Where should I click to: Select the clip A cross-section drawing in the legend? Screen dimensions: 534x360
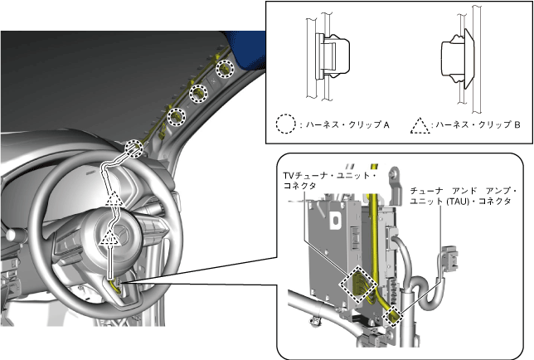pyautogui.click(x=328, y=57)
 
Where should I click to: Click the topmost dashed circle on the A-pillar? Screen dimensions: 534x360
pyautogui.click(x=226, y=69)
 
